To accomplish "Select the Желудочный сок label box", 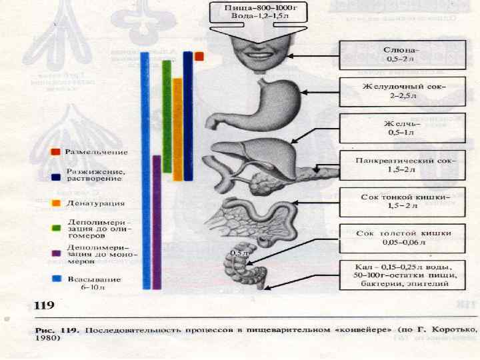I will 401,91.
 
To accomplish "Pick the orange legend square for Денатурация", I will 55,203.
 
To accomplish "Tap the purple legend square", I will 55,253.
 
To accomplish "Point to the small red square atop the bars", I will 199,57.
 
